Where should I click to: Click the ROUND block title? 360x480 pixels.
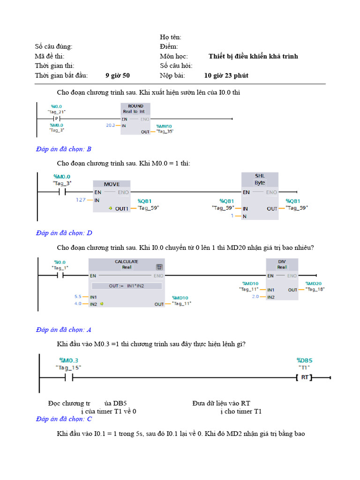pyautogui.click(x=135, y=106)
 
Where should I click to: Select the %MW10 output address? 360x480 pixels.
pyautogui.click(x=164, y=127)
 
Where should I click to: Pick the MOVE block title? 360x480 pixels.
pyautogui.click(x=112, y=184)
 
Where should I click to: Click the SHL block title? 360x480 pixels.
pyautogui.click(x=260, y=176)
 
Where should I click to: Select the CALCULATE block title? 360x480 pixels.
pyautogui.click(x=126, y=262)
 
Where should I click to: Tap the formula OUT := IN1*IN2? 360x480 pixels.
pyautogui.click(x=127, y=285)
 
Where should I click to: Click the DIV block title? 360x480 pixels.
pyautogui.click(x=282, y=262)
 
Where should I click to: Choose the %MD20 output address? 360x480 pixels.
pyautogui.click(x=314, y=284)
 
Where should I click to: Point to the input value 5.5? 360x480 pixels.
pyautogui.click(x=78, y=297)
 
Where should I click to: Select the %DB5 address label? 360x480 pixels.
pyautogui.click(x=304, y=360)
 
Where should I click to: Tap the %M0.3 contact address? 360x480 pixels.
pyautogui.click(x=68, y=360)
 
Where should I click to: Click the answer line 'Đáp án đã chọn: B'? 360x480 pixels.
pyautogui.click(x=64, y=149)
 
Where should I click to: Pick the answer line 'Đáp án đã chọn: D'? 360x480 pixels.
pyautogui.click(x=64, y=233)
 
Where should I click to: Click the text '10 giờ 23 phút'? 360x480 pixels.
pyautogui.click(x=226, y=75)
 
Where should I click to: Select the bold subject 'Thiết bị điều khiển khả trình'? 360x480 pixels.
pyautogui.click(x=253, y=56)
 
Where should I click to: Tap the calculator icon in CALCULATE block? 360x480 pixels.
pyautogui.click(x=159, y=267)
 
